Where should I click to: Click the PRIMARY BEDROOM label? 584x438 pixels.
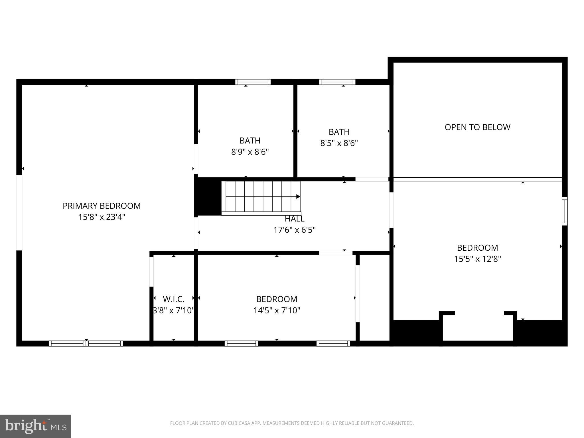(102, 206)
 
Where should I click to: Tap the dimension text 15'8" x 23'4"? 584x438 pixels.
(102, 217)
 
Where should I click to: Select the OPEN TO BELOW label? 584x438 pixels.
(477, 127)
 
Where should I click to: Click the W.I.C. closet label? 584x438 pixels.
(173, 299)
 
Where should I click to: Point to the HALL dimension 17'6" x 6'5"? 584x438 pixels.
(294, 230)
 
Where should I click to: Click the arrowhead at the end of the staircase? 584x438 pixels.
(298, 196)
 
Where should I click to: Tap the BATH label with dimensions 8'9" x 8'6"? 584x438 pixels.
(250, 141)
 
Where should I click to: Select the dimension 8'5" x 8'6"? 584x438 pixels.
(339, 143)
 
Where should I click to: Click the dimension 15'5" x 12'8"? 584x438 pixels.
(477, 259)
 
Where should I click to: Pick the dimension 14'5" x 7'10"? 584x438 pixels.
(277, 311)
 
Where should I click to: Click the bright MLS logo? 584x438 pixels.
(36, 426)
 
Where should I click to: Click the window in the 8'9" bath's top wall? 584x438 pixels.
(253, 82)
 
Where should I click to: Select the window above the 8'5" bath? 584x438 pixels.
(337, 82)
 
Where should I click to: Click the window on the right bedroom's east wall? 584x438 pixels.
(564, 211)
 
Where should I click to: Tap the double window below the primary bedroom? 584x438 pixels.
(86, 344)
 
